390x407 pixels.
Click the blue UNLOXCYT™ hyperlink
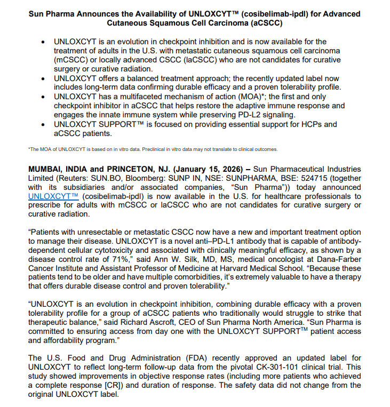[x=51, y=196]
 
